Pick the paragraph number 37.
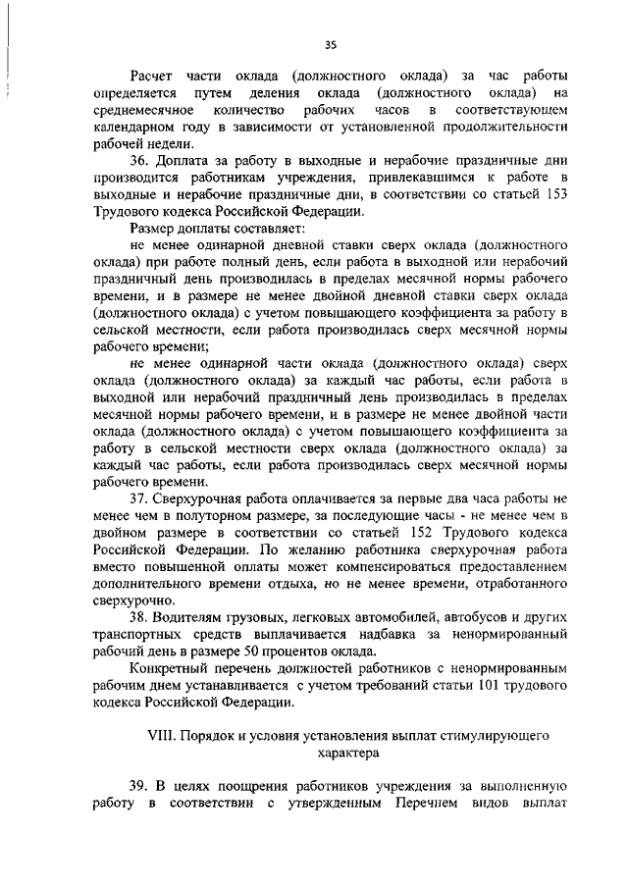coord(138,498)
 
